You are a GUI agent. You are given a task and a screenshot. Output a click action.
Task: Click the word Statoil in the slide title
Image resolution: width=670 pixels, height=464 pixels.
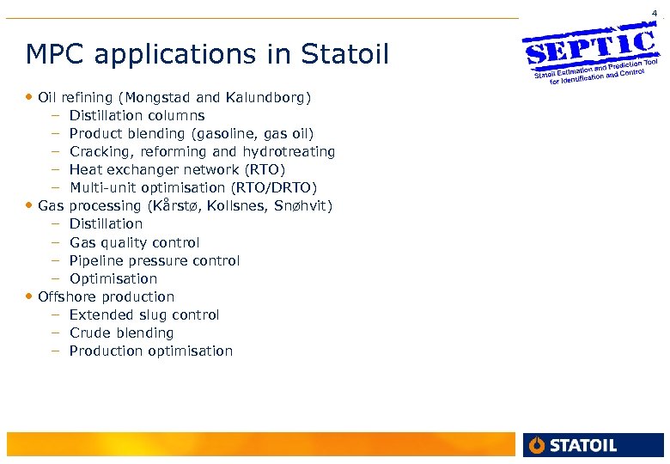tap(345, 55)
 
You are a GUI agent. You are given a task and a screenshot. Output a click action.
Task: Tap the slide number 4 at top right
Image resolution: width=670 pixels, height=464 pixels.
tap(655, 13)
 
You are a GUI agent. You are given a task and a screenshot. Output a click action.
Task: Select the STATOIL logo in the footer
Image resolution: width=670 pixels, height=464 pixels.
tap(574, 444)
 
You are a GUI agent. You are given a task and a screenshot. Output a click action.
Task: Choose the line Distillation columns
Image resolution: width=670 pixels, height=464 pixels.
tap(137, 115)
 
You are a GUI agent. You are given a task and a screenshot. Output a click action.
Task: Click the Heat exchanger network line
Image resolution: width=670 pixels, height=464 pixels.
tap(177, 169)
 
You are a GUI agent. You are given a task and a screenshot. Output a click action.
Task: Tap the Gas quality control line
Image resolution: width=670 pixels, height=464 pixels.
tap(135, 242)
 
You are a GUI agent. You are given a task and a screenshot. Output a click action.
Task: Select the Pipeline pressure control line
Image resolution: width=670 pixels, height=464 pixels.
tap(155, 260)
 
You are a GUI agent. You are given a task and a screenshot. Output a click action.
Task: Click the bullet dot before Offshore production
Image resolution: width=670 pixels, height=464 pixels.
tap(31, 296)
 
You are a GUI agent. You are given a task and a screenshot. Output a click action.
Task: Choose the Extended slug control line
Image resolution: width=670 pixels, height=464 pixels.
tap(144, 314)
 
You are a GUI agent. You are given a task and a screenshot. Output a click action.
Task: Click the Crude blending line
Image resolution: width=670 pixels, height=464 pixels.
tap(121, 333)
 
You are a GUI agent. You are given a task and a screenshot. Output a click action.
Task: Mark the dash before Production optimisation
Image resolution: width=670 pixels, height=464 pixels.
tap(54, 351)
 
